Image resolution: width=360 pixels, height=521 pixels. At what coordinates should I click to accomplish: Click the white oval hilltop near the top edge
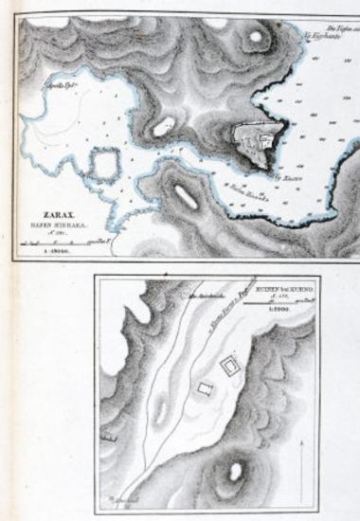(x=255, y=39)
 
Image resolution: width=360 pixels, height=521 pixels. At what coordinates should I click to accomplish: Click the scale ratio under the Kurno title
(x=276, y=311)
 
